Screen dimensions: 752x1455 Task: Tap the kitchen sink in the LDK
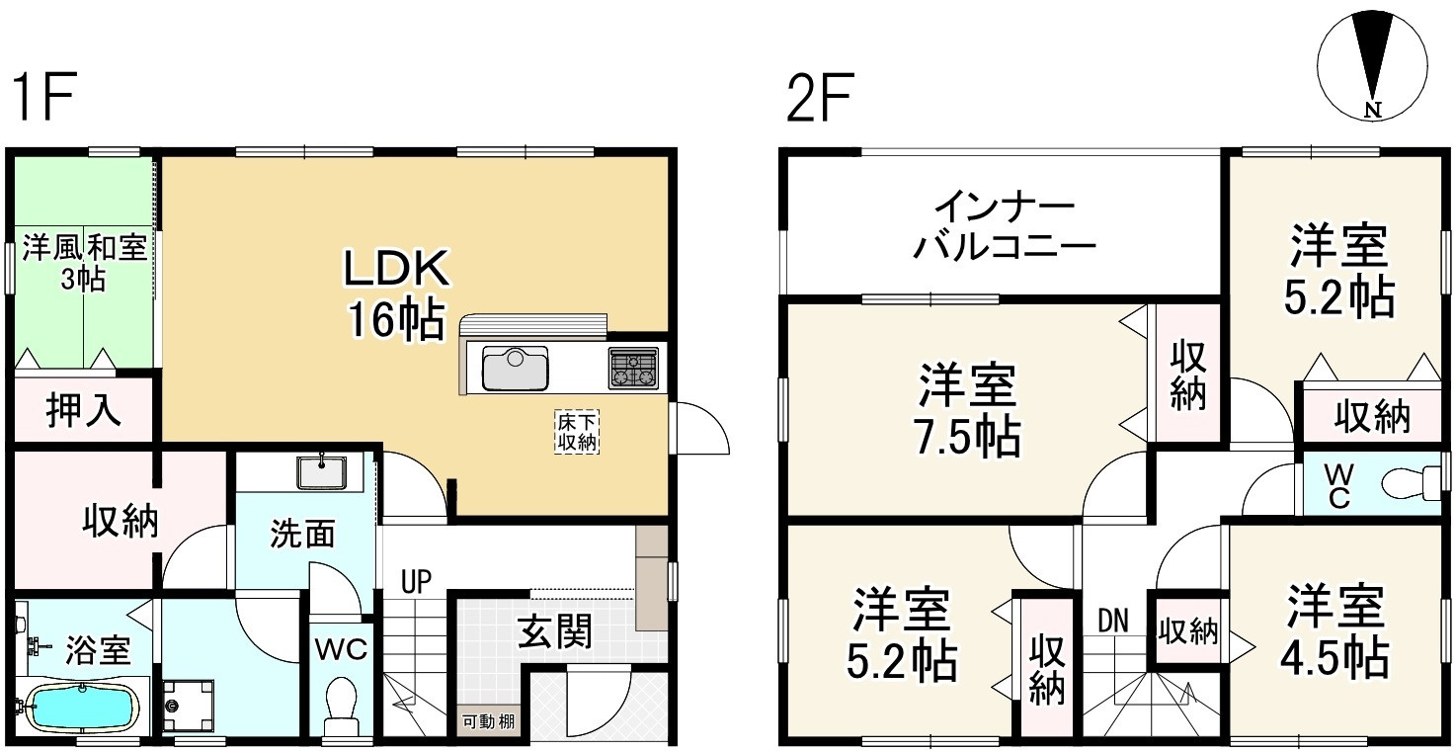pos(514,369)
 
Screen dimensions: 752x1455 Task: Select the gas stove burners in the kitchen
pos(632,369)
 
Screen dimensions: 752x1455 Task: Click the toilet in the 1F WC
pos(342,696)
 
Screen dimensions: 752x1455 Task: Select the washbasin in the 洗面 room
pos(322,472)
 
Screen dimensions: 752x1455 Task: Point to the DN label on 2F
pos(1113,620)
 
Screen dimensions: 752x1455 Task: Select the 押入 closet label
pos(84,411)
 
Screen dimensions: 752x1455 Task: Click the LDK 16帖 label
pos(395,292)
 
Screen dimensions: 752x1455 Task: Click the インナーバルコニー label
pos(1004,226)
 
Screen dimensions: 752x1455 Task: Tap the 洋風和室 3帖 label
pos(83,262)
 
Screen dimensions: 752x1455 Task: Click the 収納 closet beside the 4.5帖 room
pos(1188,629)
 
